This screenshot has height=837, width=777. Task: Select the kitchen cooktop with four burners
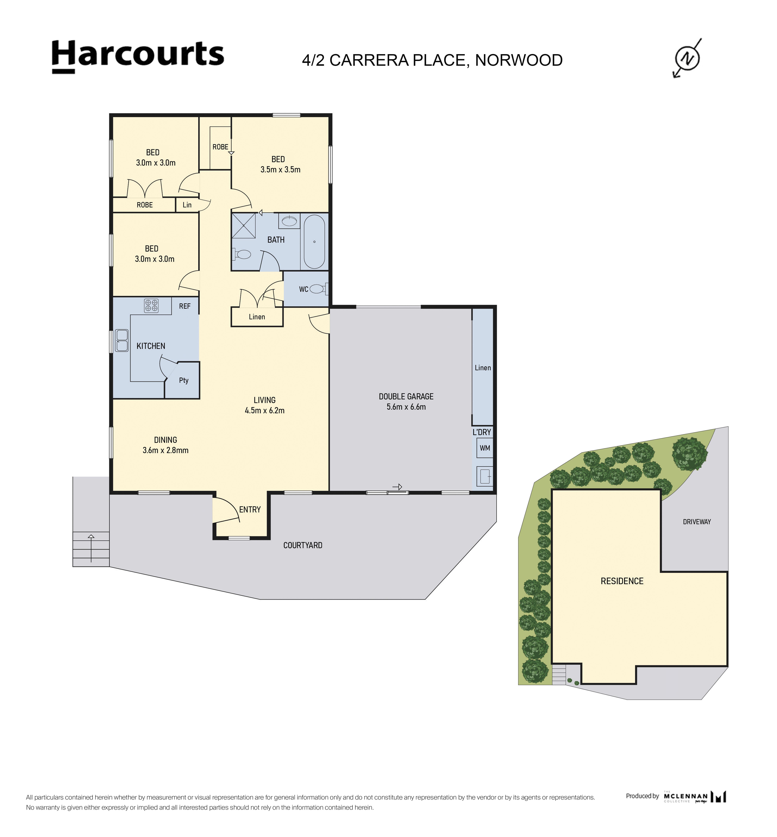click(151, 306)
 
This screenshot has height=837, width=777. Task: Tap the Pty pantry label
click(184, 380)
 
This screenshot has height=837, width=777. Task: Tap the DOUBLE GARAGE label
click(406, 396)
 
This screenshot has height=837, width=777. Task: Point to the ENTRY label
click(250, 510)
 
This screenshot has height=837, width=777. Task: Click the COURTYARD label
click(303, 545)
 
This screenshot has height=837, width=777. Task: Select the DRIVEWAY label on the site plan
click(697, 522)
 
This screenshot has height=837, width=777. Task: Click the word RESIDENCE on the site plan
click(622, 581)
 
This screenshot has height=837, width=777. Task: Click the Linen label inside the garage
click(483, 368)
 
